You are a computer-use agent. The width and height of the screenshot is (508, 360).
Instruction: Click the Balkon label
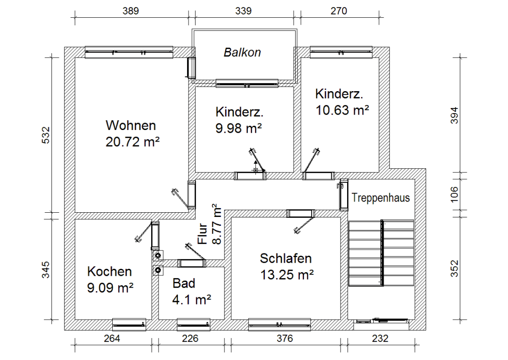coord(242,52)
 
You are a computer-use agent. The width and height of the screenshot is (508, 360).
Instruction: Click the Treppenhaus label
coord(380,198)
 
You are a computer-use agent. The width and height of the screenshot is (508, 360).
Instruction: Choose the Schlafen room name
coord(286,259)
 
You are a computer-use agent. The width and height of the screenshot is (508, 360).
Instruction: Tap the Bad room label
coord(184,283)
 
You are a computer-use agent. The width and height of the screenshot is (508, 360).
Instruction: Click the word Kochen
coord(109,272)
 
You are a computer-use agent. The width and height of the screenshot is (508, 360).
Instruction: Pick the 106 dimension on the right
coord(454,193)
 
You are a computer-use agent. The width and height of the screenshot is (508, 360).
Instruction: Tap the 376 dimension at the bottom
coord(284,338)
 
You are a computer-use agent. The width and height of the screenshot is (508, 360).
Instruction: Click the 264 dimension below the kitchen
coord(112,338)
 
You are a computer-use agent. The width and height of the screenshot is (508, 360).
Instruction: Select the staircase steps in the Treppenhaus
coord(381,252)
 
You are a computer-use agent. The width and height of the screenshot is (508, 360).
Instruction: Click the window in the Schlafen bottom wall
coord(279,324)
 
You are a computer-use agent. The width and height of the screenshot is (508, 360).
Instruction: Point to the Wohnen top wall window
coord(129,52)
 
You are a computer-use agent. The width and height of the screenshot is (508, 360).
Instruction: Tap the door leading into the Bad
coord(191,263)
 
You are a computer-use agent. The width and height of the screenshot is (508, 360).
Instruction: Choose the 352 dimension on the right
coord(454,269)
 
